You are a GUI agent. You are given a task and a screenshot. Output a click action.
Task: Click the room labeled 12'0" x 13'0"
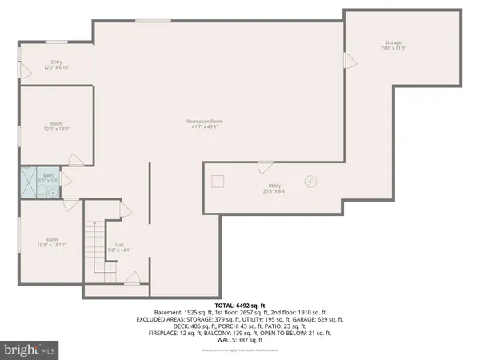[x=57, y=126]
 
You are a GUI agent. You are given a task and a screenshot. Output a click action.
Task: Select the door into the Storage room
[x=348, y=61]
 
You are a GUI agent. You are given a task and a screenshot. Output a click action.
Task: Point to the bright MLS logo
[x=30, y=350]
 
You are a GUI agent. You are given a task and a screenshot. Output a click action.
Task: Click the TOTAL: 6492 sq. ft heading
[x=239, y=305]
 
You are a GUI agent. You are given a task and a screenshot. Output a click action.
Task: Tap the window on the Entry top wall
[x=55, y=42]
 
